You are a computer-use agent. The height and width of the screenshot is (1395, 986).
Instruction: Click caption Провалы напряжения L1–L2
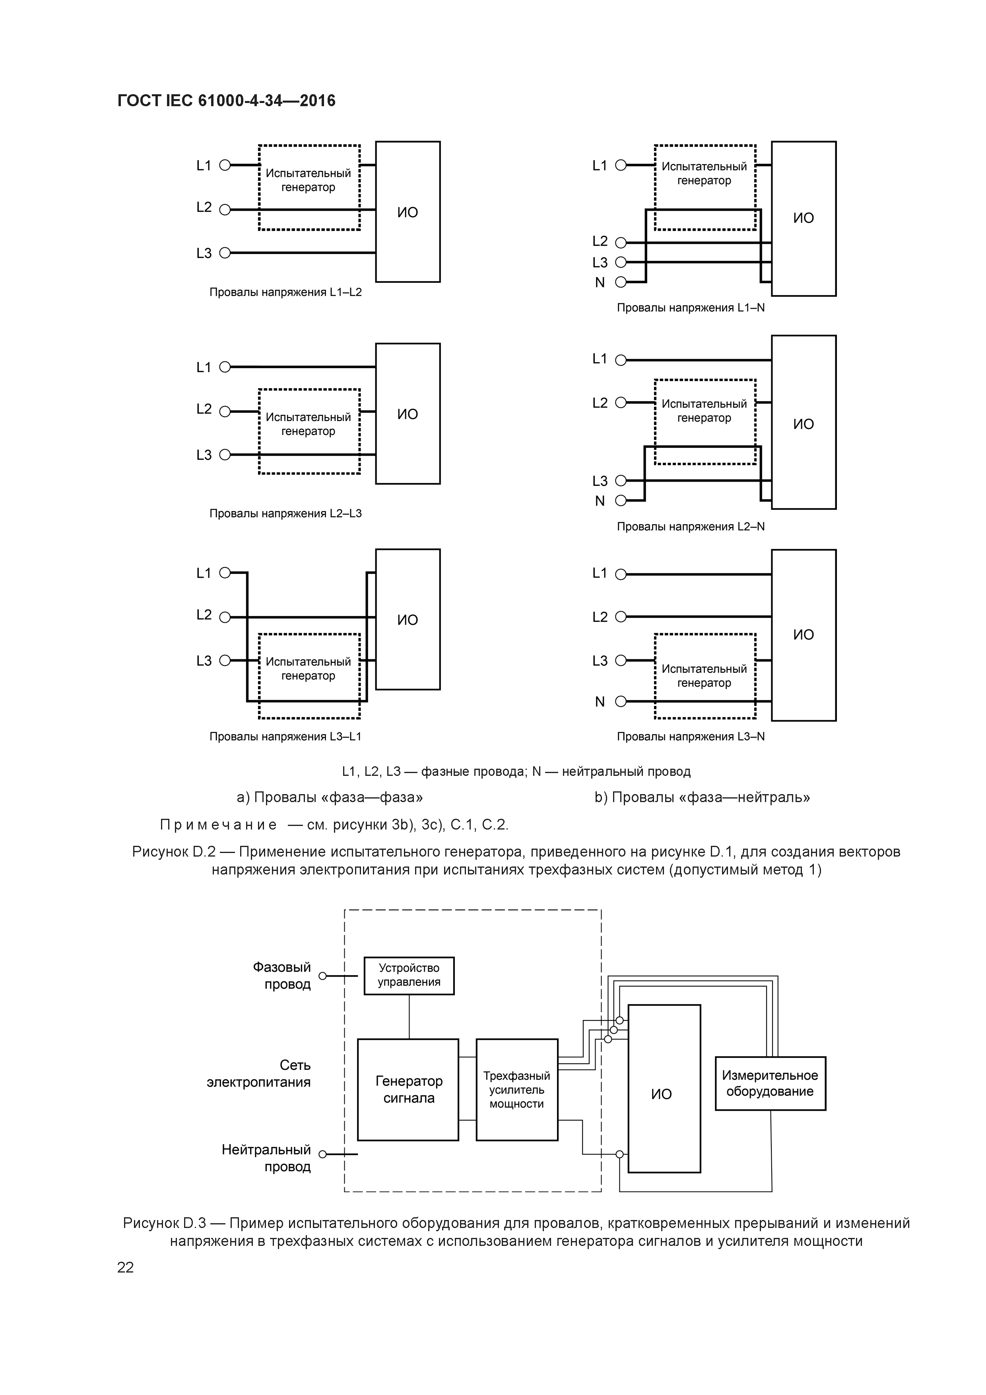[285, 292]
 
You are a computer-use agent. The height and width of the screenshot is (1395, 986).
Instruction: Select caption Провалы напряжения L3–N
[691, 736]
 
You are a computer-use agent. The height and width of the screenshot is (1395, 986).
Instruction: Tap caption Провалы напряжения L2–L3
[285, 513]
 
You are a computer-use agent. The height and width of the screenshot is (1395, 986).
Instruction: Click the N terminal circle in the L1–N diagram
[620, 282]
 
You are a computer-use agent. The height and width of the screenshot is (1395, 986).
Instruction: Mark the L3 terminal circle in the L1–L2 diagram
[225, 253]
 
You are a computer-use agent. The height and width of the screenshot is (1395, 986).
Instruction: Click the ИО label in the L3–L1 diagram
[408, 620]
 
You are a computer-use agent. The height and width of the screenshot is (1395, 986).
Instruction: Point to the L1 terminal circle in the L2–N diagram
[620, 360]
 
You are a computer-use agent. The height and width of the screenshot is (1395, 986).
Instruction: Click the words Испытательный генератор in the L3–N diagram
[704, 676]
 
